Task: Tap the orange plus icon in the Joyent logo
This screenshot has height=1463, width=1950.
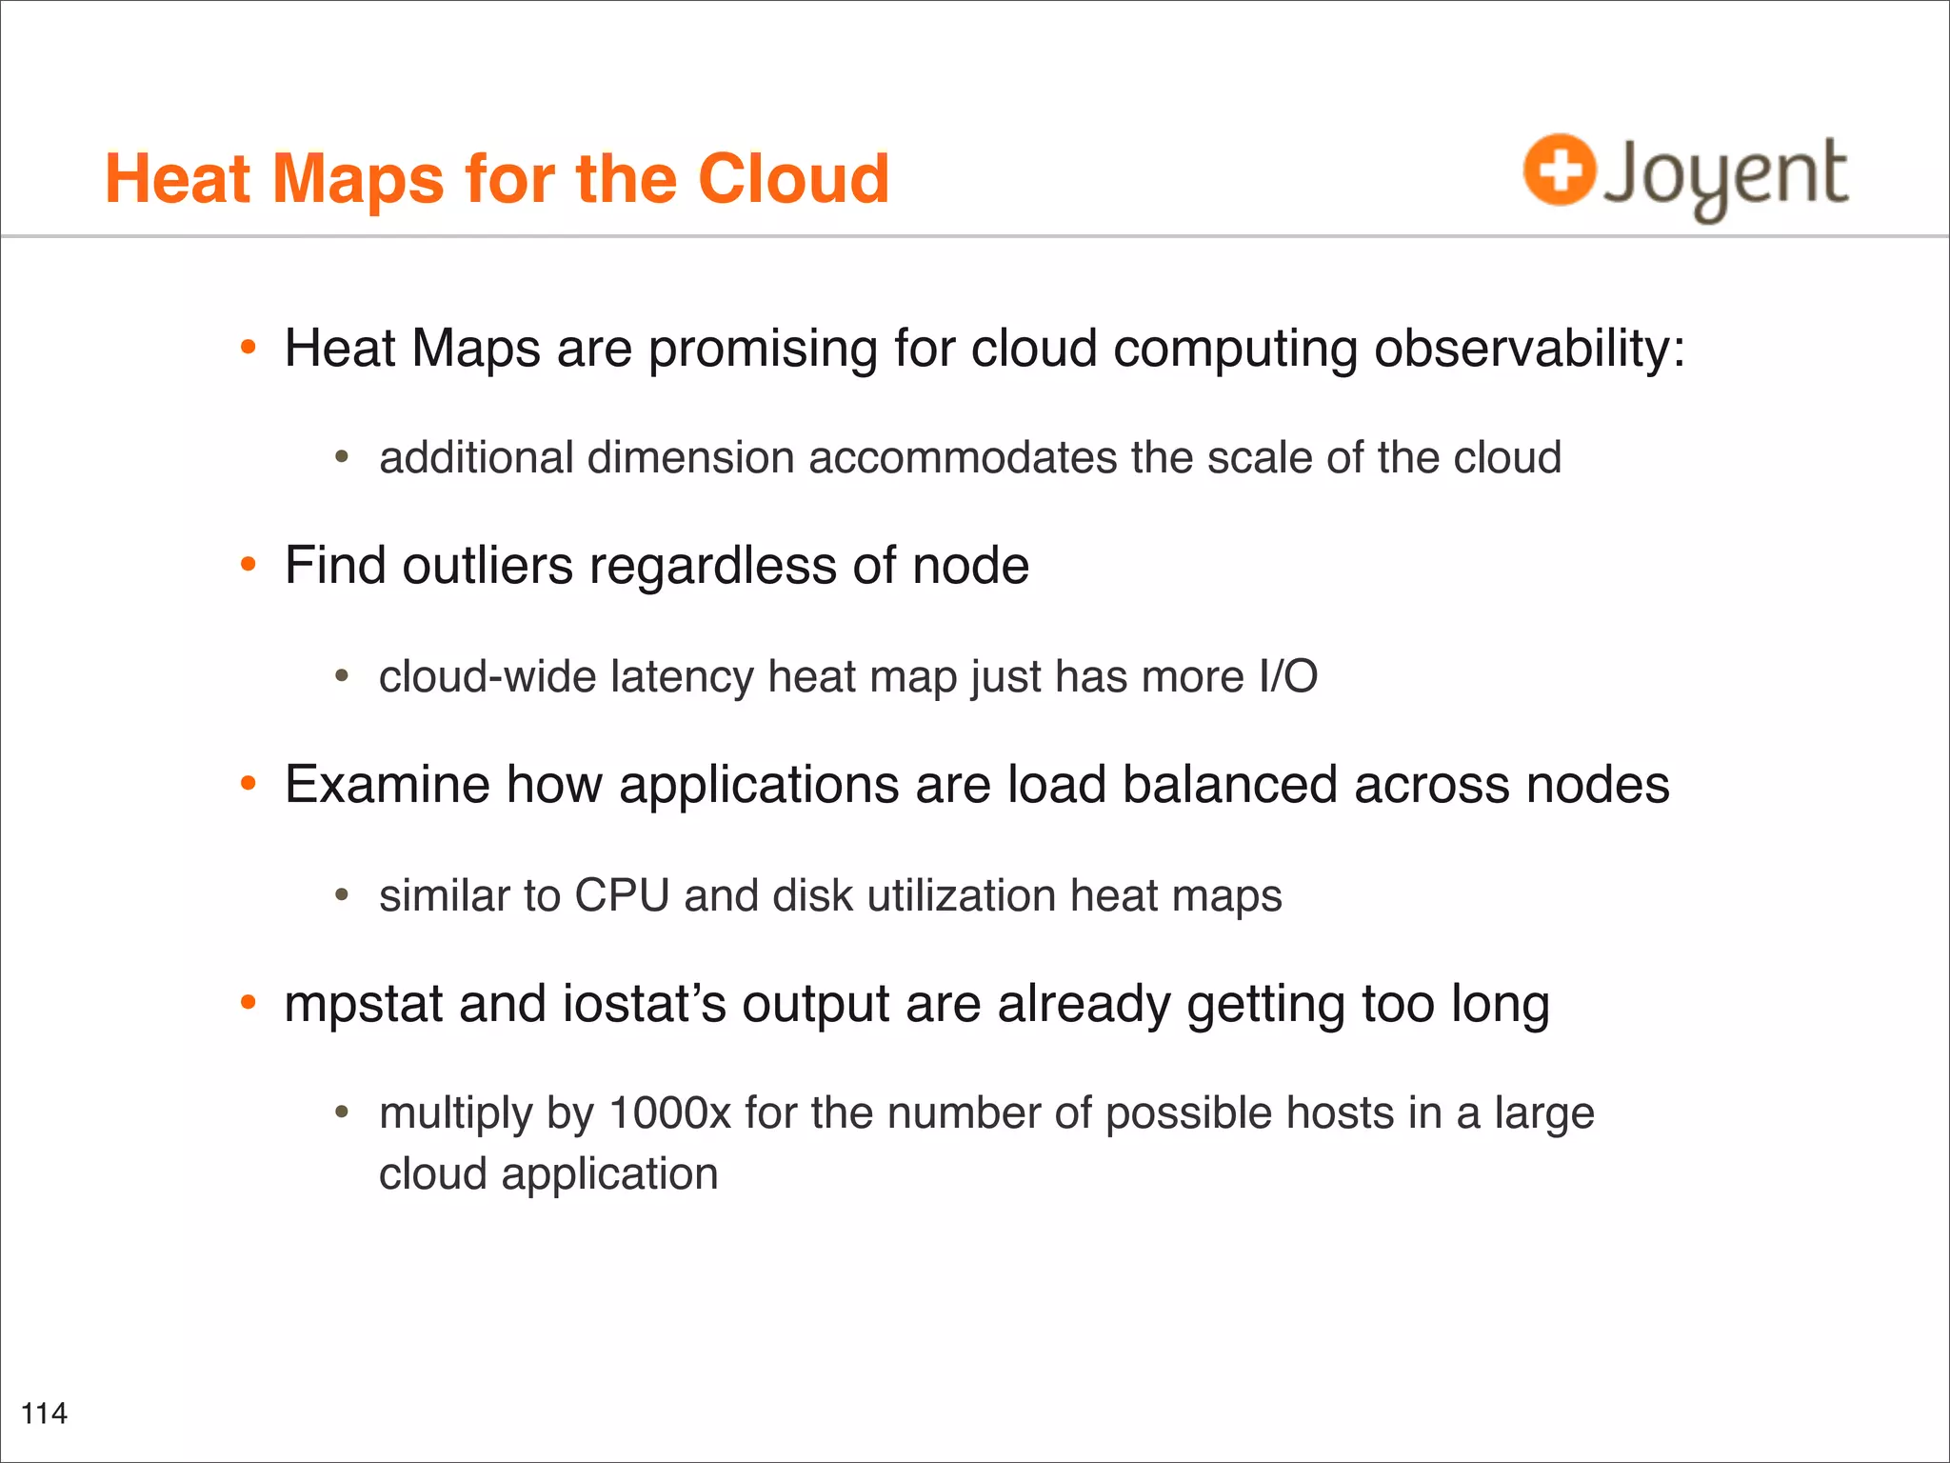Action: point(1559,170)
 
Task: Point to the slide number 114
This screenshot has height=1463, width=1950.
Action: point(44,1413)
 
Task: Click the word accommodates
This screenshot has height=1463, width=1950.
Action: point(962,458)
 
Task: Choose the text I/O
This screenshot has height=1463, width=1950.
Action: point(1287,677)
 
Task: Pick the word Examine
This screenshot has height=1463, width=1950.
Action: point(388,785)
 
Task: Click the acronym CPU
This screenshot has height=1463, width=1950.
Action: point(622,896)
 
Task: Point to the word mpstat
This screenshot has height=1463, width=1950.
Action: point(364,1006)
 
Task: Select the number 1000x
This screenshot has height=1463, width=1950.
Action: point(669,1113)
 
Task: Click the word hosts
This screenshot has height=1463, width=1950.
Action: point(1345,1113)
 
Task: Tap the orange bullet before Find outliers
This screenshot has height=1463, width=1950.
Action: point(249,565)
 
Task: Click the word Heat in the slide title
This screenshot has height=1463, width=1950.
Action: point(179,179)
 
